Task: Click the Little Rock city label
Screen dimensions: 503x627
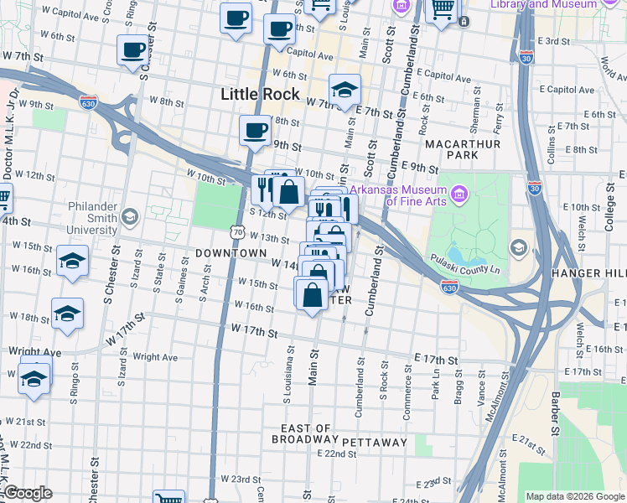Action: tap(260, 94)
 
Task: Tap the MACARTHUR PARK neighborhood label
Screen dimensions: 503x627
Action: tap(463, 150)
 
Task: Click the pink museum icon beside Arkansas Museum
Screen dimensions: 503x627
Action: tap(458, 195)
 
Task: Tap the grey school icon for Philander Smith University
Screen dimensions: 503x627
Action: tap(128, 218)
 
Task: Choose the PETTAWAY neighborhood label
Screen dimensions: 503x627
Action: tap(374, 442)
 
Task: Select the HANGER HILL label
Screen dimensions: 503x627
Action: tap(588, 274)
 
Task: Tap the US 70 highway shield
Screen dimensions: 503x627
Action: tap(239, 231)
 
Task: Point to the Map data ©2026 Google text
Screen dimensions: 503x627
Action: tap(575, 496)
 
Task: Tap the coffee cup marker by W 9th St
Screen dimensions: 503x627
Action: tap(255, 130)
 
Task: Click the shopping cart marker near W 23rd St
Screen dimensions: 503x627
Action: tap(168, 500)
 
